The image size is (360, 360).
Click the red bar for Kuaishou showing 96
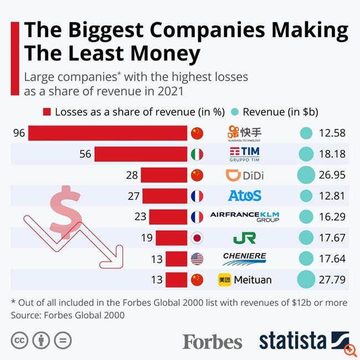point(108,133)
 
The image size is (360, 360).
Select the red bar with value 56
point(141,154)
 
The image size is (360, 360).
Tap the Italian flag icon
point(197,154)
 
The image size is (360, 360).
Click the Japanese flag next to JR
point(197,238)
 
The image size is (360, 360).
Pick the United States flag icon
point(197,259)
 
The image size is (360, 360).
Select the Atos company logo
point(244,196)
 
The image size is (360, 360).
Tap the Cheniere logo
point(244,258)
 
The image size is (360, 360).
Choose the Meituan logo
point(244,280)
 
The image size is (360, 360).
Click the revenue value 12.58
point(332,133)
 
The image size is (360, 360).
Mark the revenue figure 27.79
point(332,280)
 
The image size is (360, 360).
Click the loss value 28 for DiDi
point(132,176)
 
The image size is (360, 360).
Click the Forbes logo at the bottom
point(212,341)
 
